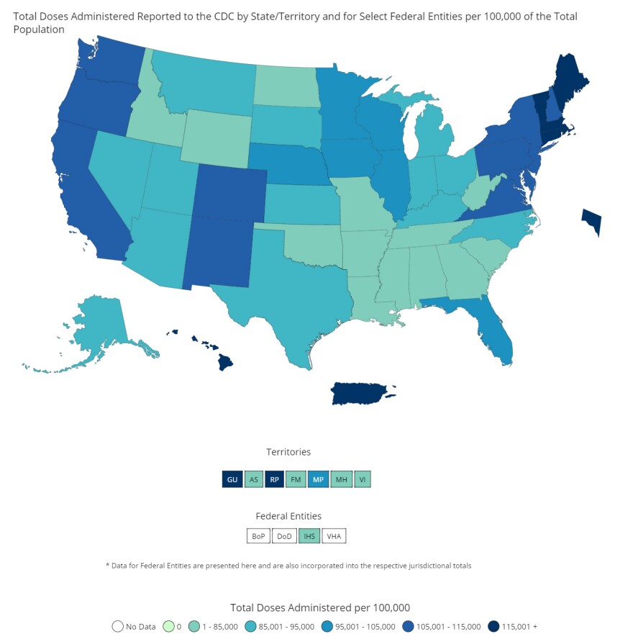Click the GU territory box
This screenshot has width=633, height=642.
pos(232,479)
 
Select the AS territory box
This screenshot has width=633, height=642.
pos(253,479)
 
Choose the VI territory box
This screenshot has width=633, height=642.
pos(363,479)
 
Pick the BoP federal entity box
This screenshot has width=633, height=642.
pos(258,536)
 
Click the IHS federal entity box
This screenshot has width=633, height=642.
pos(309,536)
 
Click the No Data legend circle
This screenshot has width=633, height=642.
pos(117,626)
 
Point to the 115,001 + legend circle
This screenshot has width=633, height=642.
pos(493,626)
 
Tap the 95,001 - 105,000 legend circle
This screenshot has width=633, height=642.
pos(327,626)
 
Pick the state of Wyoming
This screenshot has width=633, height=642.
pos(216,137)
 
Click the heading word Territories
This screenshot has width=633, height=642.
pos(288,452)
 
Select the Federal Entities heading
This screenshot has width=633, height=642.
pos(288,516)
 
